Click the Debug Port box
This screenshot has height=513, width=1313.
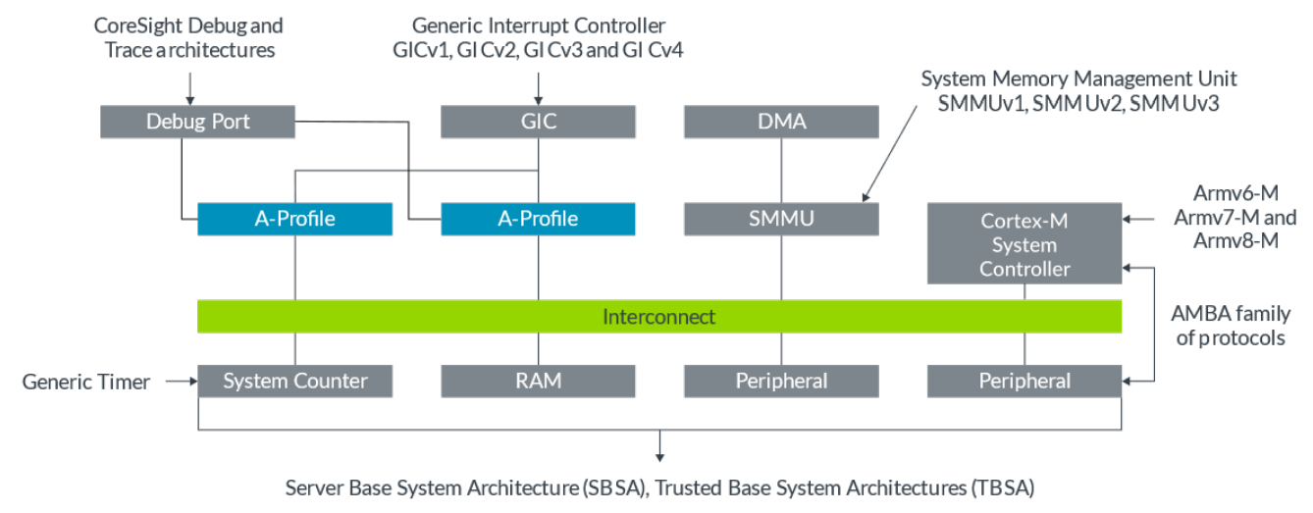197,122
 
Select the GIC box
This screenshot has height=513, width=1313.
538,122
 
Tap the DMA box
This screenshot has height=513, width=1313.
781,122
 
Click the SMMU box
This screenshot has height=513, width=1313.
781,218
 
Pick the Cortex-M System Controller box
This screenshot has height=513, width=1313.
1024,244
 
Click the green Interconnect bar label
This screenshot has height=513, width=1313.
658,317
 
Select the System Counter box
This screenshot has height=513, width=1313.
294,381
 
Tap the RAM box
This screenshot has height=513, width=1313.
538,381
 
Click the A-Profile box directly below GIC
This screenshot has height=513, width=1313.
538,218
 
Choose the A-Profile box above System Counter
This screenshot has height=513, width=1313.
294,218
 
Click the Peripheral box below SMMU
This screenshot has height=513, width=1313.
781,381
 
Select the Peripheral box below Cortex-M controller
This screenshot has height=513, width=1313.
1024,381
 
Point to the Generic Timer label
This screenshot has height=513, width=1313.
86,382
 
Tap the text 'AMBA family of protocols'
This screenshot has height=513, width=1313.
1231,326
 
